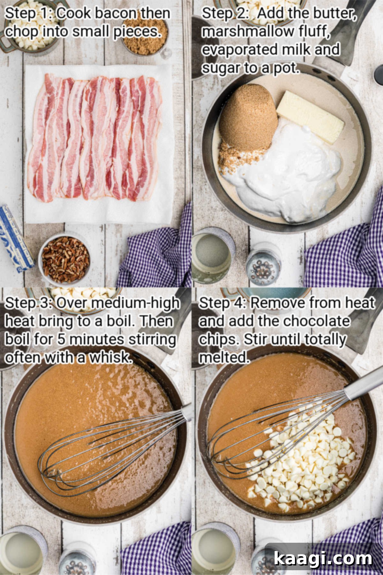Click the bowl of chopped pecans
pos(65,259)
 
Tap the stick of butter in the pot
pos(310,116)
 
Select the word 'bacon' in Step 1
pos(116,13)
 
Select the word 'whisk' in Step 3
pos(110,357)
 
